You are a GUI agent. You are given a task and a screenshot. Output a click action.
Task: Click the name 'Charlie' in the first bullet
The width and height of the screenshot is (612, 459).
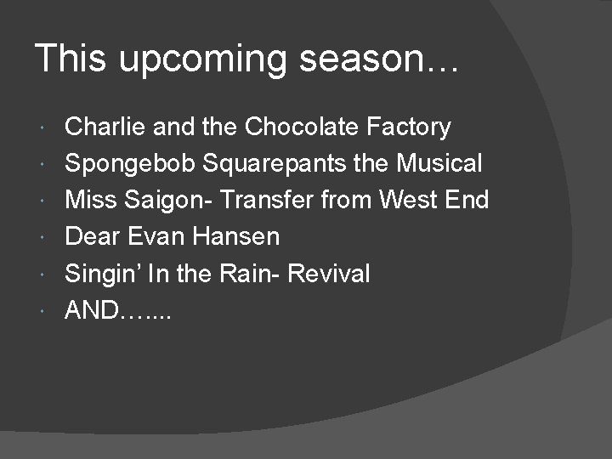tap(97, 127)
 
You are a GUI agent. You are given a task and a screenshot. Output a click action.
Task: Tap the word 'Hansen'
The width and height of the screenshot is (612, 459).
tap(236, 237)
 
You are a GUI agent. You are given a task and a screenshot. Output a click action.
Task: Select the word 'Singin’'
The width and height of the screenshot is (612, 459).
tap(101, 275)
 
